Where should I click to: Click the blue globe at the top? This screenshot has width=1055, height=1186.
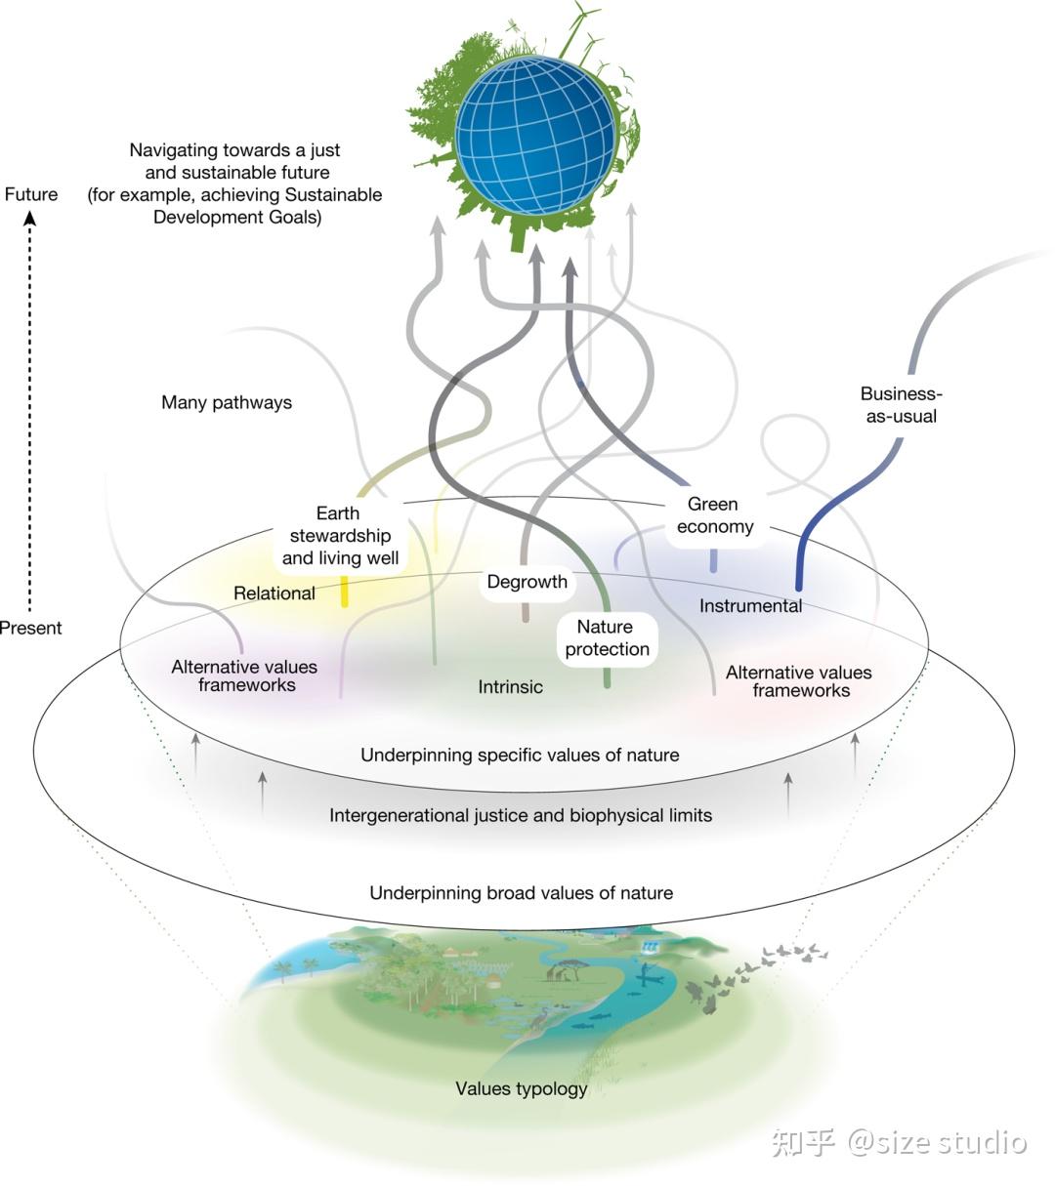click(535, 136)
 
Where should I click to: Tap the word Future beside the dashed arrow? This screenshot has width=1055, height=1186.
click(31, 194)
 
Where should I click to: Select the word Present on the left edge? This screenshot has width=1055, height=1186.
click(30, 628)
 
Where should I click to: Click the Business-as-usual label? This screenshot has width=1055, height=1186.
click(901, 405)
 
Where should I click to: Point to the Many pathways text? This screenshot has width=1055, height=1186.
click(227, 403)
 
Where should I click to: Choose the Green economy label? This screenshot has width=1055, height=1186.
click(715, 515)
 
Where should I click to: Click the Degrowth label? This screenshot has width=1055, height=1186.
click(527, 582)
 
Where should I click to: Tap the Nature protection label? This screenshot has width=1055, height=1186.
click(607, 638)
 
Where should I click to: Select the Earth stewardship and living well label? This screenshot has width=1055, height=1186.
click(340, 536)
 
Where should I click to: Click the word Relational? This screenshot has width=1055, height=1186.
click(274, 593)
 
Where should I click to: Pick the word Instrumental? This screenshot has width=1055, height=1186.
click(750, 606)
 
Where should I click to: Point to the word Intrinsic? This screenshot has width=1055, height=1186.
click(510, 686)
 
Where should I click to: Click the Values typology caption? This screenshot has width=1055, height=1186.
click(522, 1088)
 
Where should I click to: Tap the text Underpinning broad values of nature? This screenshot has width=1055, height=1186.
click(522, 893)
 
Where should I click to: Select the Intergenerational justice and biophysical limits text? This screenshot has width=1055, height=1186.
click(521, 815)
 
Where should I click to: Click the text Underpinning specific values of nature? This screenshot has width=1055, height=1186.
click(521, 756)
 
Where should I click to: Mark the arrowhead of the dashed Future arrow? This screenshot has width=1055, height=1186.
click(30, 219)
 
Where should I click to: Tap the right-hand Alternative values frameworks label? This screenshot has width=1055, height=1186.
click(799, 681)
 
